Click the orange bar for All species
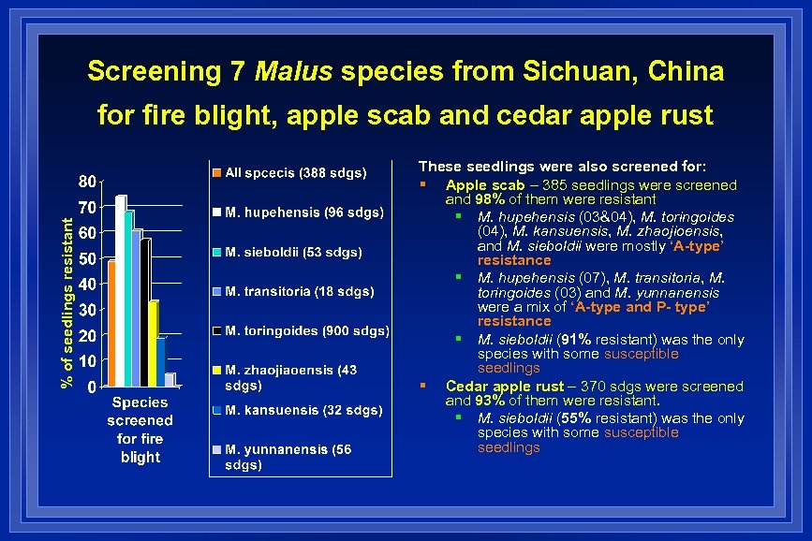tap(111, 323)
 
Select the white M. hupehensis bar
tap(120, 290)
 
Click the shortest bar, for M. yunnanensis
tap(170, 379)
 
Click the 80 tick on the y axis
tap(85, 181)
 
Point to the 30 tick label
tap(85, 310)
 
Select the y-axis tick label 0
tap(90, 387)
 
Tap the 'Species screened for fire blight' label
tap(140, 430)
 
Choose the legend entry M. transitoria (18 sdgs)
tap(299, 291)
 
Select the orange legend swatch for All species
tap(216, 172)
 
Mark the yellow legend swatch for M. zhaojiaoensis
tap(216, 371)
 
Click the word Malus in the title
tap(294, 71)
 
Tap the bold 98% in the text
tap(492, 199)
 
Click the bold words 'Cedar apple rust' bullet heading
tap(500, 386)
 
